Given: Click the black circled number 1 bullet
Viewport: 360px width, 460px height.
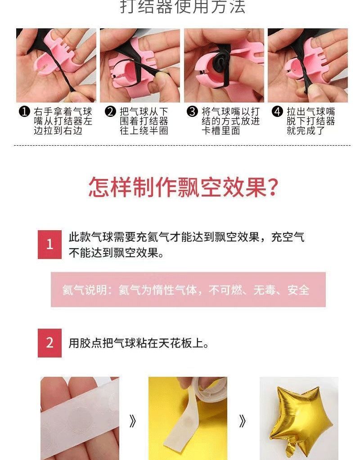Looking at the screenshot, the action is point(24,112).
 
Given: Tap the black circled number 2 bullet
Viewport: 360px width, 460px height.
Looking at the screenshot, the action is point(110,112).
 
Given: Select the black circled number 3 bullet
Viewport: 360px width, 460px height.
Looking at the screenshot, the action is point(192,112).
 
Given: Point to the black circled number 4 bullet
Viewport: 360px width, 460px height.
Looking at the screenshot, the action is point(277,112).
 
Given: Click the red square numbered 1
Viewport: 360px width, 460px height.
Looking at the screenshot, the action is point(49,244).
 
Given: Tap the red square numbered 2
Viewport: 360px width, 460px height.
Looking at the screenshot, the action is point(49,343).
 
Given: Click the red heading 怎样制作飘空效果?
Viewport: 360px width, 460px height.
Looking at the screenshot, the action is point(183,187).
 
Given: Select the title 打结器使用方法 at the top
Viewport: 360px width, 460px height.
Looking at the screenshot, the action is point(183,6).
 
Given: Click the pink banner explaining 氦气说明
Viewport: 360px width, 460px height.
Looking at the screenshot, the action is point(188,290).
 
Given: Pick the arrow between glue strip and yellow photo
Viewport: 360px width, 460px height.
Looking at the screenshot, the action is point(133,422).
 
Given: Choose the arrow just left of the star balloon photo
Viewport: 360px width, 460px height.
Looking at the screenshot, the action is point(242,422).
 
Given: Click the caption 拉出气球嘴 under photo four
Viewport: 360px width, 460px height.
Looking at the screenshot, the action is point(310,112).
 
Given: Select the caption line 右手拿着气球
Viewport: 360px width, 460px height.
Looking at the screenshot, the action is point(63,112).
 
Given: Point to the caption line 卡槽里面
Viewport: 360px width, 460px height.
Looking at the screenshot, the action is point(221,130).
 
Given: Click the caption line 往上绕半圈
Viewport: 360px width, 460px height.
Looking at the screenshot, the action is point(144,130).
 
